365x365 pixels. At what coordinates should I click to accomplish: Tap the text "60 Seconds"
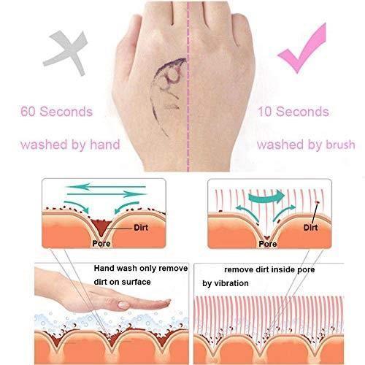(x=57, y=112)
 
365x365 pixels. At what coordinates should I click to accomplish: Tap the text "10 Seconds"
(x=293, y=112)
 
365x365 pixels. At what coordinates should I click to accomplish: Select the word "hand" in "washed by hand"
(x=105, y=144)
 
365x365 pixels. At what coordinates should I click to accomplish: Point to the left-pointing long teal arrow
(x=106, y=187)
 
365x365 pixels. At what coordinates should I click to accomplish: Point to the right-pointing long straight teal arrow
(x=107, y=194)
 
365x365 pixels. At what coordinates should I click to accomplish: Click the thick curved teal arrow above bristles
(x=266, y=196)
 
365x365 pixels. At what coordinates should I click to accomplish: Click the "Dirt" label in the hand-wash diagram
(x=141, y=228)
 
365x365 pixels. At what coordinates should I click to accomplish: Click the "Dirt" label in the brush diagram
(x=310, y=228)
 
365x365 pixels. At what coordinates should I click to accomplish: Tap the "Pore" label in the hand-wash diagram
(x=101, y=243)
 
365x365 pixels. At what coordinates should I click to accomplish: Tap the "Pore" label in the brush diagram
(x=268, y=244)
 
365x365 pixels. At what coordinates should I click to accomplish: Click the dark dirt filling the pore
(x=101, y=226)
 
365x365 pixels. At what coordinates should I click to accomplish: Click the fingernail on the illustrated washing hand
(x=123, y=304)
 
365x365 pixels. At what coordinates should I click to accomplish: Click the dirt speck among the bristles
(x=317, y=202)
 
